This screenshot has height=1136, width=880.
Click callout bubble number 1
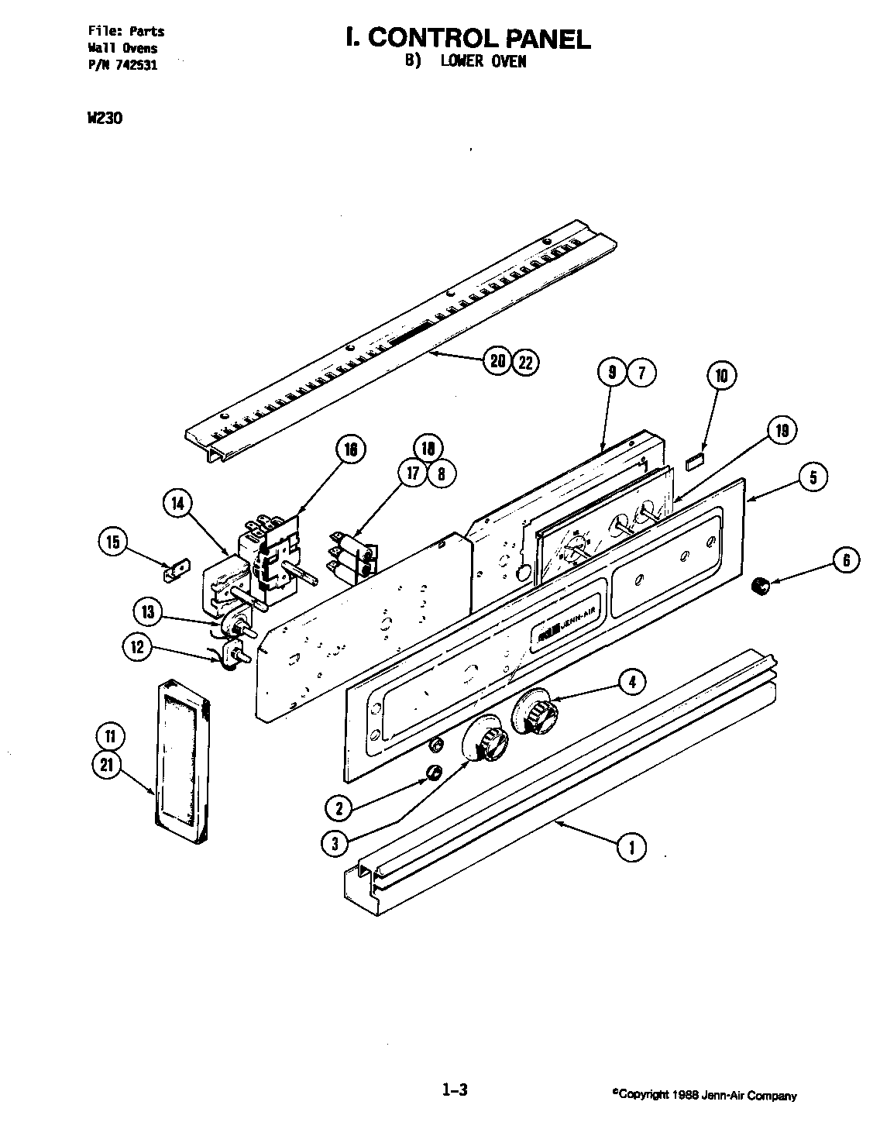click(x=631, y=847)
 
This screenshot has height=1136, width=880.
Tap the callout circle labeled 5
click(x=813, y=477)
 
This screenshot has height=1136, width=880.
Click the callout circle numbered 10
click(x=721, y=377)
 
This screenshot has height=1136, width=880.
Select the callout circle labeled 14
click(x=179, y=504)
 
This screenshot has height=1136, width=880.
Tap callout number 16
click(x=350, y=451)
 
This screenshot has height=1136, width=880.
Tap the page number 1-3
click(x=455, y=1091)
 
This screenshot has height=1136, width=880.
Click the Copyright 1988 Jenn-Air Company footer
click(x=703, y=1096)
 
